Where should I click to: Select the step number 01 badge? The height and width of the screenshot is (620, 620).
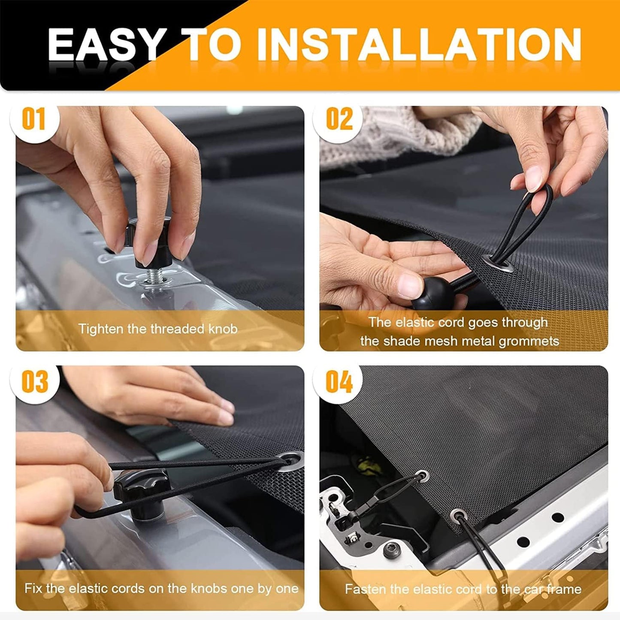tap(33, 119)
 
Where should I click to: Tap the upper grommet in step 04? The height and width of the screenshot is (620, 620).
tap(422, 475)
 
